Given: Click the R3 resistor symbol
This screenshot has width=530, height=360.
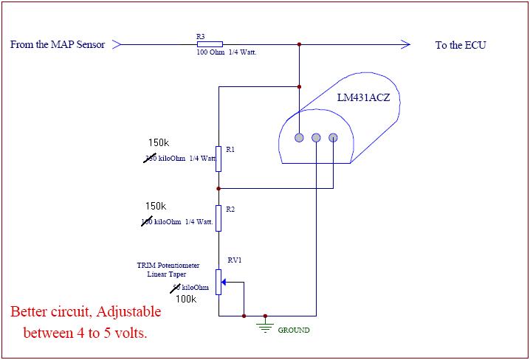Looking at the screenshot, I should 210,44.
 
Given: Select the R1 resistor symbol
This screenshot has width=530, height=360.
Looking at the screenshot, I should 218,159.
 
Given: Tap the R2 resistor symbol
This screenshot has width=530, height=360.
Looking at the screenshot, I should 218,218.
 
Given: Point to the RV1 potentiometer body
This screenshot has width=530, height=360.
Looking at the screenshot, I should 218,281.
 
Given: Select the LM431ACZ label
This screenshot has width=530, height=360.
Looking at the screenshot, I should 362,97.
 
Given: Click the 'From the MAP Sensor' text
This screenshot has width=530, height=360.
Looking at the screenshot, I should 58,45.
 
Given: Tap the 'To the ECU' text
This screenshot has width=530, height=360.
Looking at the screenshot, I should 461,45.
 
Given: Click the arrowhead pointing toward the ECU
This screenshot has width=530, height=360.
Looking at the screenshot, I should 405,44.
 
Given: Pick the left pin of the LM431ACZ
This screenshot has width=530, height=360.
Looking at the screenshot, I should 299,137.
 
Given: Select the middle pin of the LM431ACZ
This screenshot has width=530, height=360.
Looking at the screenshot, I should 316,137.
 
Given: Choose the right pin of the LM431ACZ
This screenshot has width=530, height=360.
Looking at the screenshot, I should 333,137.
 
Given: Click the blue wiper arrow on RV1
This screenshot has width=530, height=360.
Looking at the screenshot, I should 225,281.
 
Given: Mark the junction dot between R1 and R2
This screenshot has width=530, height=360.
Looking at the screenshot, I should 218,188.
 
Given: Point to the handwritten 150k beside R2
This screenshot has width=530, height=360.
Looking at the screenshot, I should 156,206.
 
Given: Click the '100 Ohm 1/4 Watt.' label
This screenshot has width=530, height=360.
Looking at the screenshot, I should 226,53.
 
